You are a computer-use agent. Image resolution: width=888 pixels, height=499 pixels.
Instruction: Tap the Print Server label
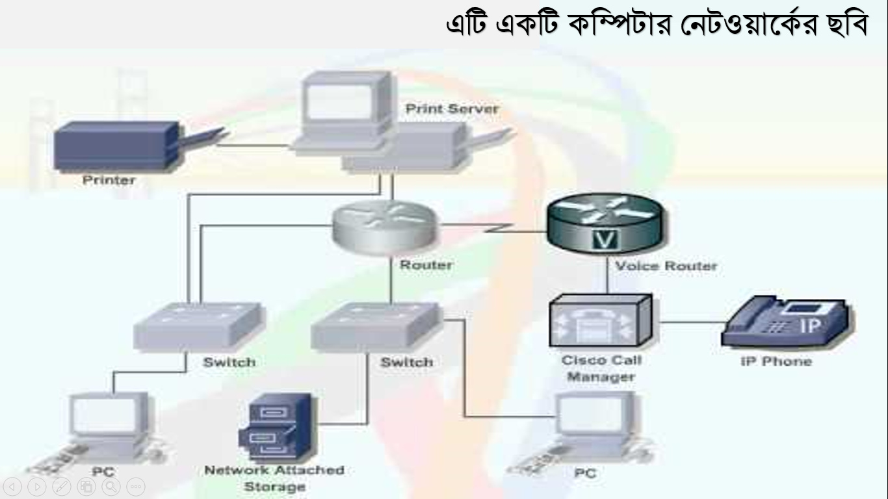[452, 109]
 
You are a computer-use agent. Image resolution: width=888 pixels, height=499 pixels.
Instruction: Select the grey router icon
[384, 227]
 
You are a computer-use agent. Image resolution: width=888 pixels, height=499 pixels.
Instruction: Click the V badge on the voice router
[605, 239]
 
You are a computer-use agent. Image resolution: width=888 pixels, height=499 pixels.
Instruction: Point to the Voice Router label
[666, 266]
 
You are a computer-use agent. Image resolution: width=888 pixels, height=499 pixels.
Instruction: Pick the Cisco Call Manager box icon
[601, 320]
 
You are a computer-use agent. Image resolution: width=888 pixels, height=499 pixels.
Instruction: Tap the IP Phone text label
[776, 361]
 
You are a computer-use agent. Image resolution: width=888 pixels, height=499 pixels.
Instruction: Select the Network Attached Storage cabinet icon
[278, 428]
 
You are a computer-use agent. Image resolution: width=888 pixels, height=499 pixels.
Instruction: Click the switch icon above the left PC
[199, 327]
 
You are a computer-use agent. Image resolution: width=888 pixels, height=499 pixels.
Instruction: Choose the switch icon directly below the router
[376, 327]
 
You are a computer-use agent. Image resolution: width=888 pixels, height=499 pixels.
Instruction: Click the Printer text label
[109, 181]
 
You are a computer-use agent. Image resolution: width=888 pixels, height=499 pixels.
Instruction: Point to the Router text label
[426, 264]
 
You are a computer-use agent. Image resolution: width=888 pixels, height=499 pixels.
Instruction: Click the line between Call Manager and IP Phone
[690, 322]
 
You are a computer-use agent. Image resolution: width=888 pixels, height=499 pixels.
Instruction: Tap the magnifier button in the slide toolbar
[111, 486]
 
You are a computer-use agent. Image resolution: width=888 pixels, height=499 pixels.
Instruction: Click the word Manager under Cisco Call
[601, 377]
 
